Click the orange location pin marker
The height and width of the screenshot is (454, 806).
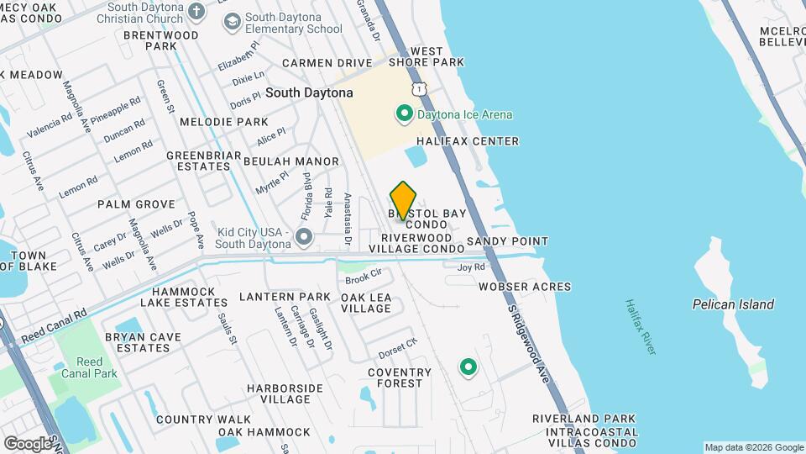tap(404, 199)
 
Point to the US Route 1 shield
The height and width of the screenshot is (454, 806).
tap(417, 88)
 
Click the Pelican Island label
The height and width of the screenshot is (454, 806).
tap(733, 304)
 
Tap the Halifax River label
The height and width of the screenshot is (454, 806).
tap(640, 327)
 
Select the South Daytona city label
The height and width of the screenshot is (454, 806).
tap(309, 92)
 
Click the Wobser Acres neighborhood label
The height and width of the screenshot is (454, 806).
tap(525, 287)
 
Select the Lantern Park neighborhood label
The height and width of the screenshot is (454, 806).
tap(285, 297)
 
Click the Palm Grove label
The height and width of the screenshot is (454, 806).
tap(136, 204)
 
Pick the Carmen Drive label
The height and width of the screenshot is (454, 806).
tap(327, 63)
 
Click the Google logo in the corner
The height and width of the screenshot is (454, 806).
tap(27, 443)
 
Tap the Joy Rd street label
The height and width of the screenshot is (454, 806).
tap(471, 267)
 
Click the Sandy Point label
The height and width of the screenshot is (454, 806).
tap(507, 241)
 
